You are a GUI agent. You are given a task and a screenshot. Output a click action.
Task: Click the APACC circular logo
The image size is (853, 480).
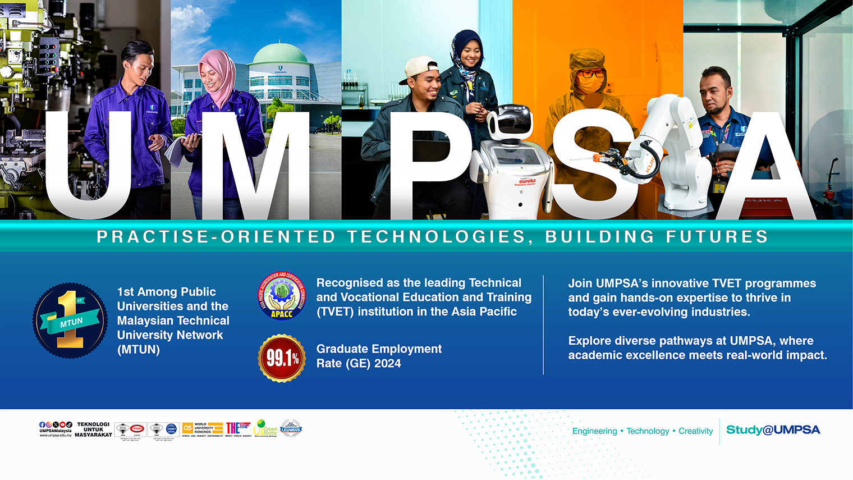282,296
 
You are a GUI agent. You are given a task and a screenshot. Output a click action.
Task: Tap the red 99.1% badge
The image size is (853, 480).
282,358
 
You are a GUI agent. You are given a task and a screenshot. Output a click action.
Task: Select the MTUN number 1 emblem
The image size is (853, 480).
70,320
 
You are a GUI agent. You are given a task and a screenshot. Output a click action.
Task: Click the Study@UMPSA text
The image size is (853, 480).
773,430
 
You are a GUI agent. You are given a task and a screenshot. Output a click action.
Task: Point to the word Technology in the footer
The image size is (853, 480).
648,431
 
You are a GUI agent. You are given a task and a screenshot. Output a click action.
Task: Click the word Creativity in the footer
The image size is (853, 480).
695,431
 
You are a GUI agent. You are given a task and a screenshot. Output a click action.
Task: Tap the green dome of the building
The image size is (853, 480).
280,55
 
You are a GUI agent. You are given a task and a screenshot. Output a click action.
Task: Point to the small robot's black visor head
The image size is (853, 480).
510,120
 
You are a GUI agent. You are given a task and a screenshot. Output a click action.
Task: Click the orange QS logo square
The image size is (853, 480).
187,428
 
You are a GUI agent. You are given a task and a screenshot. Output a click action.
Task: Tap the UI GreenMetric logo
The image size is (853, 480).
265,428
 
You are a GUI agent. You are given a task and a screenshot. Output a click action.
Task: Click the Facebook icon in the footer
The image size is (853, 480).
42,424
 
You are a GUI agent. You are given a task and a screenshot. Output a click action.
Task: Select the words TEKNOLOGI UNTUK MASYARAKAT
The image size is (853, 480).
93,429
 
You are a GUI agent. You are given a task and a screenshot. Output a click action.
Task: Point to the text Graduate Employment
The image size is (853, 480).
379,349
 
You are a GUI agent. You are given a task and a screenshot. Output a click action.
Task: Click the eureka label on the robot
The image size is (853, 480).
527,182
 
